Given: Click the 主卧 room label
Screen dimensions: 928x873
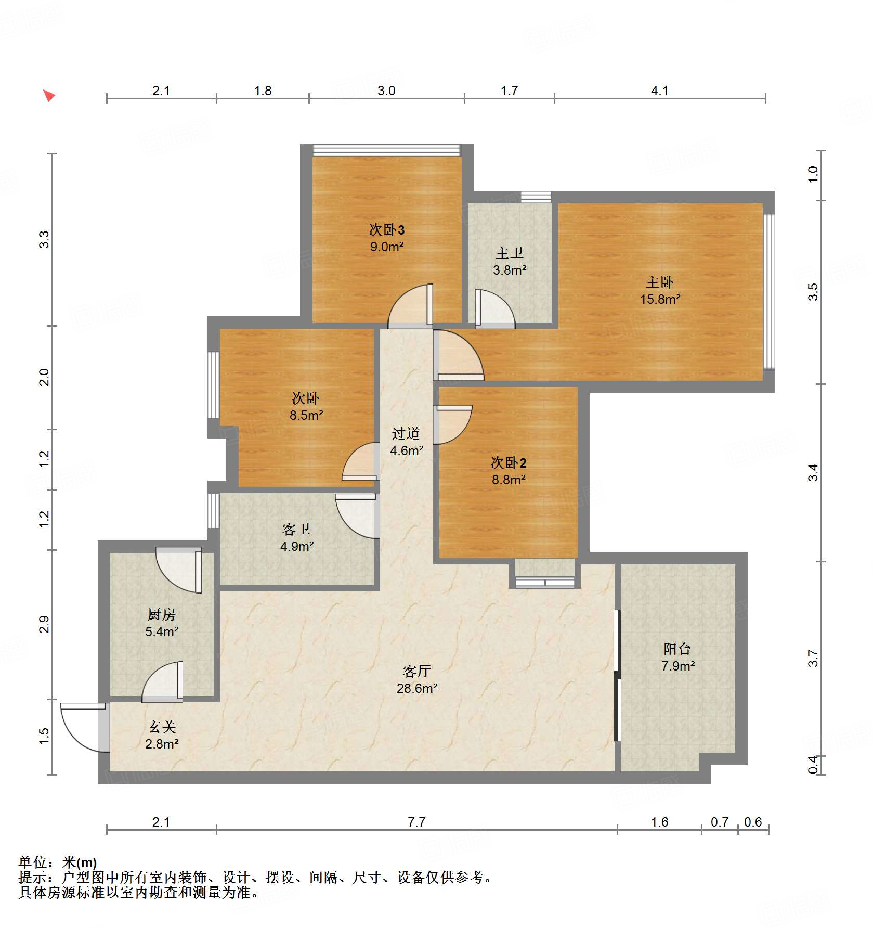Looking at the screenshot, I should (659, 282).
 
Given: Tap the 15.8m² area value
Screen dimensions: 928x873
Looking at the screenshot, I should (660, 299).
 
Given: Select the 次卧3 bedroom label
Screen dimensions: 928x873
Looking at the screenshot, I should (386, 229).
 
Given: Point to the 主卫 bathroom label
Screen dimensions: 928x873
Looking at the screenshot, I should (509, 253).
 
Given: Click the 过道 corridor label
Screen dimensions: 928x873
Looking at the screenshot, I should (406, 433).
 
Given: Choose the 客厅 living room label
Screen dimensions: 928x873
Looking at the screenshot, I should (416, 671).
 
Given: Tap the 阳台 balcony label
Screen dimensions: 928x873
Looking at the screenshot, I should (677, 649).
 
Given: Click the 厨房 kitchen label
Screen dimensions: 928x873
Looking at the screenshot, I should (161, 614).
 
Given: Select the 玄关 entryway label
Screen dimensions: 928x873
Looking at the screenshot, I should (162, 727).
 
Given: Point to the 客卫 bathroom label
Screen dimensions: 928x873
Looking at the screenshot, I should (296, 530).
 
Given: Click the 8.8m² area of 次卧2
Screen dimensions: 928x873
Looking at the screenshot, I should (509, 480).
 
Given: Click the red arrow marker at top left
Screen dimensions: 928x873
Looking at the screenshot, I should (49, 95).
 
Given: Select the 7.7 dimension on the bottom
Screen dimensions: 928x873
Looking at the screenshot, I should (416, 822).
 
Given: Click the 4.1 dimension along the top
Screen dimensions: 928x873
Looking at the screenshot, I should (659, 91).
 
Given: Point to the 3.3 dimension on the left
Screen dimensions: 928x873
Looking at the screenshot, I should (44, 239).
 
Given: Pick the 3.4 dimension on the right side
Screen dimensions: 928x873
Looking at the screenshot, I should (813, 472).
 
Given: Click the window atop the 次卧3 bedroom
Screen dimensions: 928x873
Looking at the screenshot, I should (386, 150).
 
